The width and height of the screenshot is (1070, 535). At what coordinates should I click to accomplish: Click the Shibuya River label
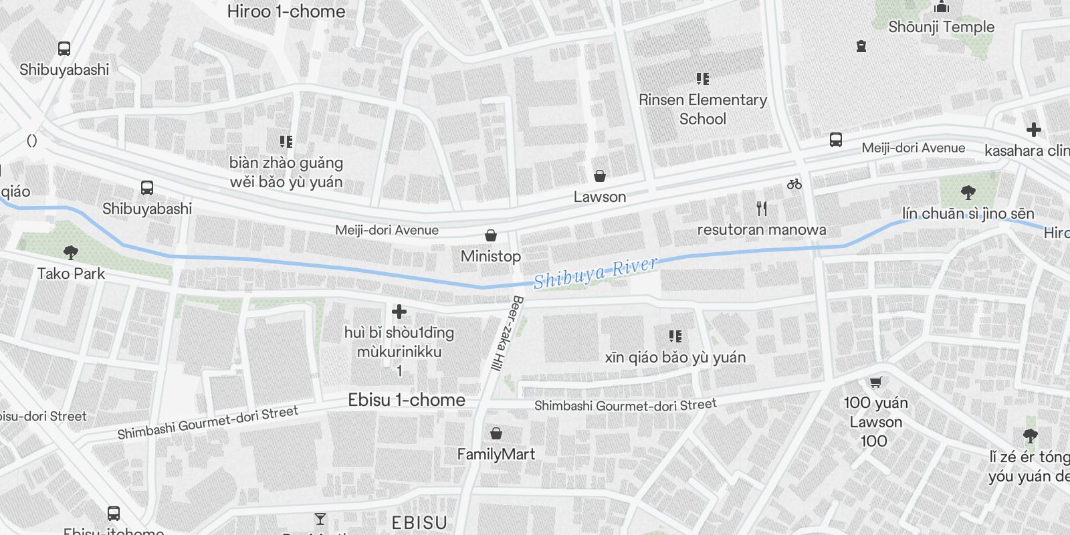(595, 272)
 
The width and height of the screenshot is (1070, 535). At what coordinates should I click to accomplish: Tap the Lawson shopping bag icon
(600, 176)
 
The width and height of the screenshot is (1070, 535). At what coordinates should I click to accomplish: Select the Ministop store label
(490, 256)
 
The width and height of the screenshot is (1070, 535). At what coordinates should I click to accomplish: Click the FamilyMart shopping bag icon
(496, 433)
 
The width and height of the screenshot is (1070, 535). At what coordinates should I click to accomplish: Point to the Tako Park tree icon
(71, 252)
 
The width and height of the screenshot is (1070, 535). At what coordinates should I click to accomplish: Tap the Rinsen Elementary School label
(702, 109)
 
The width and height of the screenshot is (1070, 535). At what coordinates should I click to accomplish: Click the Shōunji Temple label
(941, 27)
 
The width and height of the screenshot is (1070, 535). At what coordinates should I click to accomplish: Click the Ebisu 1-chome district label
(407, 400)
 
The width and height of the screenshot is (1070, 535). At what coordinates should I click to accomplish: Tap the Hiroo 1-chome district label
(286, 11)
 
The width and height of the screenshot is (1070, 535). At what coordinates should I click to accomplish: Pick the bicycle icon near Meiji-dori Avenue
(794, 183)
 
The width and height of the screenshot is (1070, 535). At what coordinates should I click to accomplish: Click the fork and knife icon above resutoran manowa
(762, 209)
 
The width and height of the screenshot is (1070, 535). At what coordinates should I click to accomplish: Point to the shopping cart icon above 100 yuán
(875, 382)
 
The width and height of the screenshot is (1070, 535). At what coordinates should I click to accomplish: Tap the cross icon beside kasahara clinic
(1034, 130)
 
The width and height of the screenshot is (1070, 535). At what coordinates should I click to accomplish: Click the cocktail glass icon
(320, 519)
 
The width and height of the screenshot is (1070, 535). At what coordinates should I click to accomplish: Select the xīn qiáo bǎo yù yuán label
(675, 357)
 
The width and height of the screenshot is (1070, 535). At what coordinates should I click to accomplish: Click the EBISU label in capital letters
(419, 523)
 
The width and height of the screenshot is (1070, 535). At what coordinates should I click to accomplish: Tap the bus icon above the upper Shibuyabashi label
(64, 49)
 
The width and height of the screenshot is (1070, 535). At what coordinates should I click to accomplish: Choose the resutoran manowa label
(762, 229)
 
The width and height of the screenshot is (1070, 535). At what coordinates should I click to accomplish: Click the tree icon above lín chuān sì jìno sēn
(968, 193)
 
